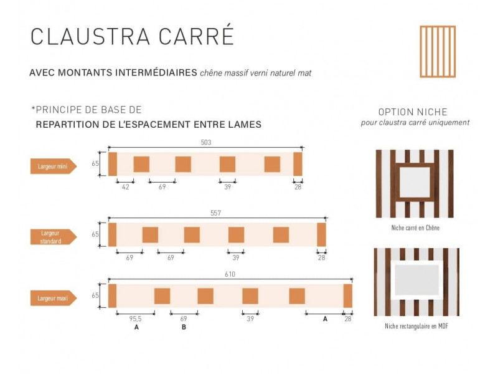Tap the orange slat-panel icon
(x=438, y=51)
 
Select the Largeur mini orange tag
(x=54, y=166)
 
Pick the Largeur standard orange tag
(x=54, y=237)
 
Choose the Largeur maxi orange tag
(x=54, y=299)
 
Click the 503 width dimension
(x=206, y=142)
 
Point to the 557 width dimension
(x=216, y=213)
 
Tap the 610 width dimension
(x=230, y=274)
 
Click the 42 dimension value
(x=125, y=187)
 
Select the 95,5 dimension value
(x=136, y=319)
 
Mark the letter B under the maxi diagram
(x=184, y=327)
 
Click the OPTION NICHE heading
(x=413, y=112)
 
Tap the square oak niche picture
(x=415, y=183)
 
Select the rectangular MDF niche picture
(x=416, y=282)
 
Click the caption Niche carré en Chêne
(x=415, y=228)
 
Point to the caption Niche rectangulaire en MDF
(x=416, y=327)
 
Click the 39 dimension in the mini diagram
(x=227, y=187)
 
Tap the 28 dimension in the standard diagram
(x=321, y=257)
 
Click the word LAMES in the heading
(x=245, y=125)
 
